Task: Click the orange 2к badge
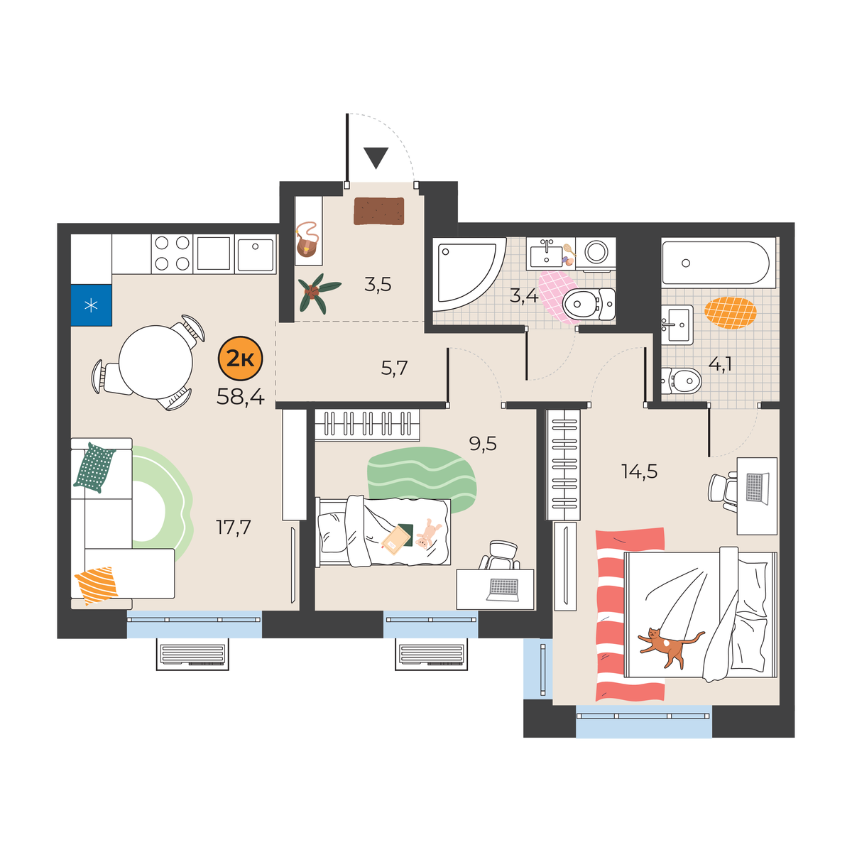[x=241, y=359]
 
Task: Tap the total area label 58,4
[x=241, y=397]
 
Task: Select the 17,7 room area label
[x=233, y=528]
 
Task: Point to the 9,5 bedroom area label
[x=483, y=444]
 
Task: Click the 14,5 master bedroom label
[x=639, y=471]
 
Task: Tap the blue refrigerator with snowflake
[x=91, y=305]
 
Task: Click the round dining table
[x=155, y=361]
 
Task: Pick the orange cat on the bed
[x=670, y=648]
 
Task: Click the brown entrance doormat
[x=379, y=211]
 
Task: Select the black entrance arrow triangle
[x=376, y=157]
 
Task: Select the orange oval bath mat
[x=731, y=312]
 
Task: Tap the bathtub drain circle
[x=686, y=263]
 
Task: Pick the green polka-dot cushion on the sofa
[x=94, y=467]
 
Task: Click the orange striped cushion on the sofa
[x=97, y=585]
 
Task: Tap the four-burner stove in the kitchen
[x=172, y=253]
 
